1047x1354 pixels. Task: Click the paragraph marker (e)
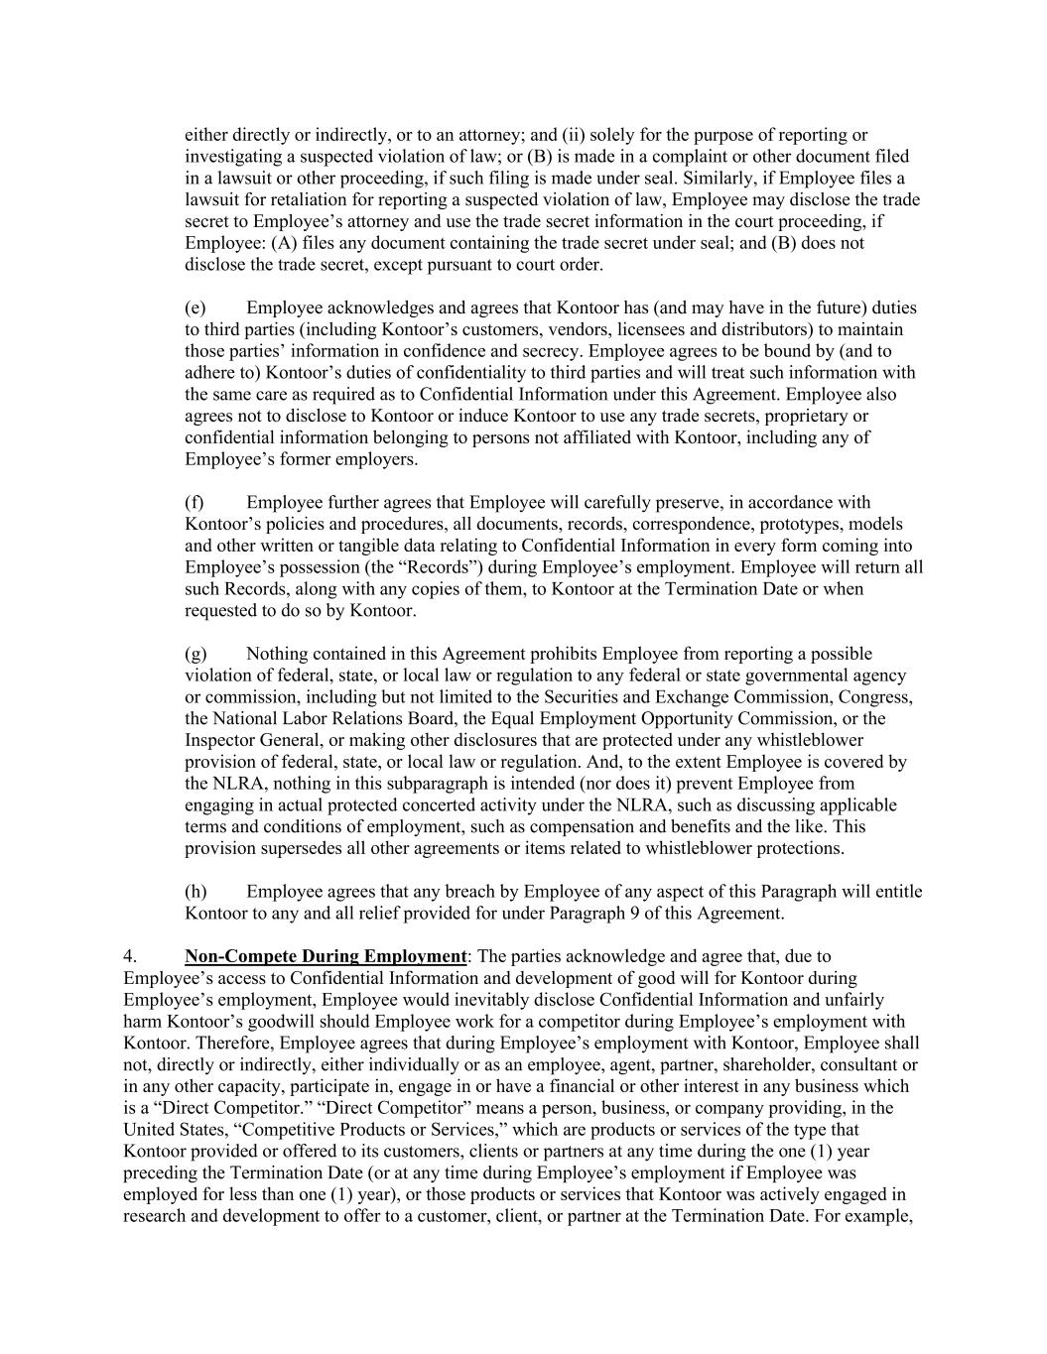pos(195,308)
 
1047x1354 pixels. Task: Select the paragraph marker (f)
pos(194,503)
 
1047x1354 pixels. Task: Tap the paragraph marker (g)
pos(195,654)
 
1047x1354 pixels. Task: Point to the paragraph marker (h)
pos(195,892)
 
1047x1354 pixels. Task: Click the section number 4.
pos(129,957)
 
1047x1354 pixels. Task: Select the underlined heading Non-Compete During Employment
pos(326,957)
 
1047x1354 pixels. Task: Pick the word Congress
pos(876,697)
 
